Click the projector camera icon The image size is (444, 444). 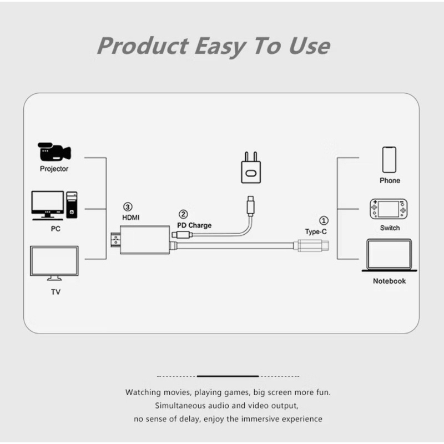54,152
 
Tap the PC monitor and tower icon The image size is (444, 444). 54,205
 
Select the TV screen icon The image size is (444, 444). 54,263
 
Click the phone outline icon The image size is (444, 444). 389,160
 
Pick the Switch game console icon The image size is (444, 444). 389,209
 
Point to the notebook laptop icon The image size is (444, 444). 389,255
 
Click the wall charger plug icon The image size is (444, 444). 251,168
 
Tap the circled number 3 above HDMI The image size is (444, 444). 128,207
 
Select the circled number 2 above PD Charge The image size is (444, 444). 183,214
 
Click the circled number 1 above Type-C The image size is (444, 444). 324,220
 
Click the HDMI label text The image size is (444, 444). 131,218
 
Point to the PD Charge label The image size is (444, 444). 194,225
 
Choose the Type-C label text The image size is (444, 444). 316,231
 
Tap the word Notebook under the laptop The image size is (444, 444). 390,281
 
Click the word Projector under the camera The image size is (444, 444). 54,169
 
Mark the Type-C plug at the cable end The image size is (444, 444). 311,245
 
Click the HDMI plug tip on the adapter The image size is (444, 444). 115,239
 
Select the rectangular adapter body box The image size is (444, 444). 145,240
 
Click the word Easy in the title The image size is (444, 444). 220,46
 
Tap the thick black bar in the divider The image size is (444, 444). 228,376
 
